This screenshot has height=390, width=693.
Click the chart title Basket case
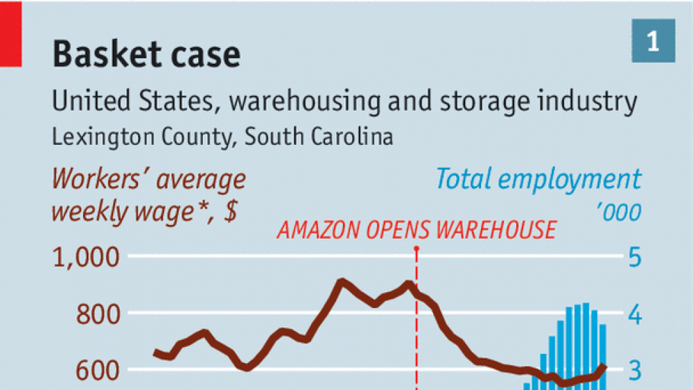(x=146, y=53)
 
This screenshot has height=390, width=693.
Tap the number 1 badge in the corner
(x=653, y=44)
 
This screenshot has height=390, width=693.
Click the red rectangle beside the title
(x=10, y=34)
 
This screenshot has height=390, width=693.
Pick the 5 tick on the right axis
(x=634, y=259)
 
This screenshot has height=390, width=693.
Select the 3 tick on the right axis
(x=634, y=371)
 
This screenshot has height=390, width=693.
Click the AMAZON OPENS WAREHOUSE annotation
(x=416, y=230)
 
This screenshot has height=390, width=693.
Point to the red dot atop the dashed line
(x=416, y=248)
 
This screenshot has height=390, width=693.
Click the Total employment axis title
(x=538, y=180)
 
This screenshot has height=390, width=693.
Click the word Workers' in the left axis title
(x=100, y=180)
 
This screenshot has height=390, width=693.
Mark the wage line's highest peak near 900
(x=340, y=281)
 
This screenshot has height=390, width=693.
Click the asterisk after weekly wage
(x=205, y=209)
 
